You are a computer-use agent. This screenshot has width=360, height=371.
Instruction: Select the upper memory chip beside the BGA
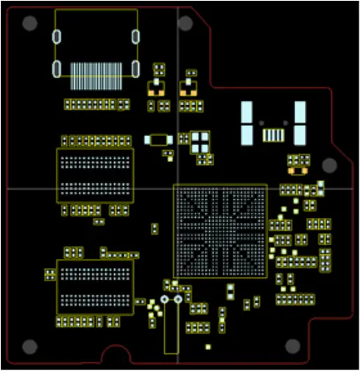[96, 175]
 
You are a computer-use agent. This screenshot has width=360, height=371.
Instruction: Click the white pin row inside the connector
[96, 71]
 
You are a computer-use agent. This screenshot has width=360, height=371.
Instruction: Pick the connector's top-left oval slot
[56, 36]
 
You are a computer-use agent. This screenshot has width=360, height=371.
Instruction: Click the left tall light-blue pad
[247, 123]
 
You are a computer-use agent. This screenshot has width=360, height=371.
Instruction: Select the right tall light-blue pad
[300, 123]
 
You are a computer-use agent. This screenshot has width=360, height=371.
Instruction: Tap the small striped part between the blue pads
[273, 135]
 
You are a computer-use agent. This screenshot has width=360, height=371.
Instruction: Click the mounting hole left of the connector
[29, 23]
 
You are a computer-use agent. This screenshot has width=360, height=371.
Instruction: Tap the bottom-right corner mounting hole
[292, 347]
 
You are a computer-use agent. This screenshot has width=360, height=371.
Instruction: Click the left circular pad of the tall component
[163, 301]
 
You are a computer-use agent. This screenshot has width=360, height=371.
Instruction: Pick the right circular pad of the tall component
[177, 301]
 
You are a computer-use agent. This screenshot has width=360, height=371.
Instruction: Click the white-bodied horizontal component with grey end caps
[158, 139]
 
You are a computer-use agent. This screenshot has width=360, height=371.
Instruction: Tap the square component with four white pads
[200, 140]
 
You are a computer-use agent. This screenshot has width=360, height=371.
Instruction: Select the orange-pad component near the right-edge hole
[298, 170]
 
